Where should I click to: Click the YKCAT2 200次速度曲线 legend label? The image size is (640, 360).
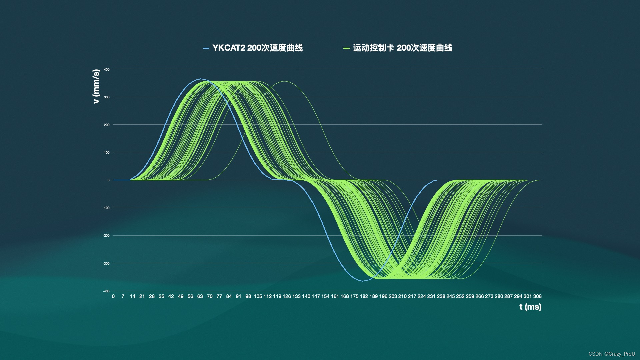(x=257, y=48)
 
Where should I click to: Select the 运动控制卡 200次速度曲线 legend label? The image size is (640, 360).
(x=403, y=48)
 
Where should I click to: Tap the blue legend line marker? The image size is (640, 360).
(x=206, y=48)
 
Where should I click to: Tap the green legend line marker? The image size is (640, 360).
(x=346, y=48)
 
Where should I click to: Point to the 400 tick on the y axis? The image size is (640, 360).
(x=107, y=70)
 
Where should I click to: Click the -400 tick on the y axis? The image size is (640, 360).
(x=106, y=291)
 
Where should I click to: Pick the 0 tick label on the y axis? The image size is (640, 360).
(x=108, y=180)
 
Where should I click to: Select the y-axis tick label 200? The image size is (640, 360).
(x=107, y=125)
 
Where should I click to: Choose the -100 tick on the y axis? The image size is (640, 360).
(x=106, y=208)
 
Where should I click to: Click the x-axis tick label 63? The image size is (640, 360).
(x=200, y=296)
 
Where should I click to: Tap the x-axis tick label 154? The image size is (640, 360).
(x=325, y=296)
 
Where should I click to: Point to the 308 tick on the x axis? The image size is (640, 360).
(x=537, y=296)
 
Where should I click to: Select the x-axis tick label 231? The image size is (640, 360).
(x=431, y=296)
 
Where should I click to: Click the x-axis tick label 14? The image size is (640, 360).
(x=132, y=296)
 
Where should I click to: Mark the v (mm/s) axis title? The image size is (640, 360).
(x=96, y=86)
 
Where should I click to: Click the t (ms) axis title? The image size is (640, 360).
(x=530, y=307)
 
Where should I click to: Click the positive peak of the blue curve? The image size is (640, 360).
(x=200, y=79)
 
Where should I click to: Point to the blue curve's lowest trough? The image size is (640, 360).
(x=363, y=281)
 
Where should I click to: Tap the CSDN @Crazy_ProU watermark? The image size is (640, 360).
(x=612, y=354)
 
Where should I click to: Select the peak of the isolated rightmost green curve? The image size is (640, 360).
(x=285, y=81)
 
